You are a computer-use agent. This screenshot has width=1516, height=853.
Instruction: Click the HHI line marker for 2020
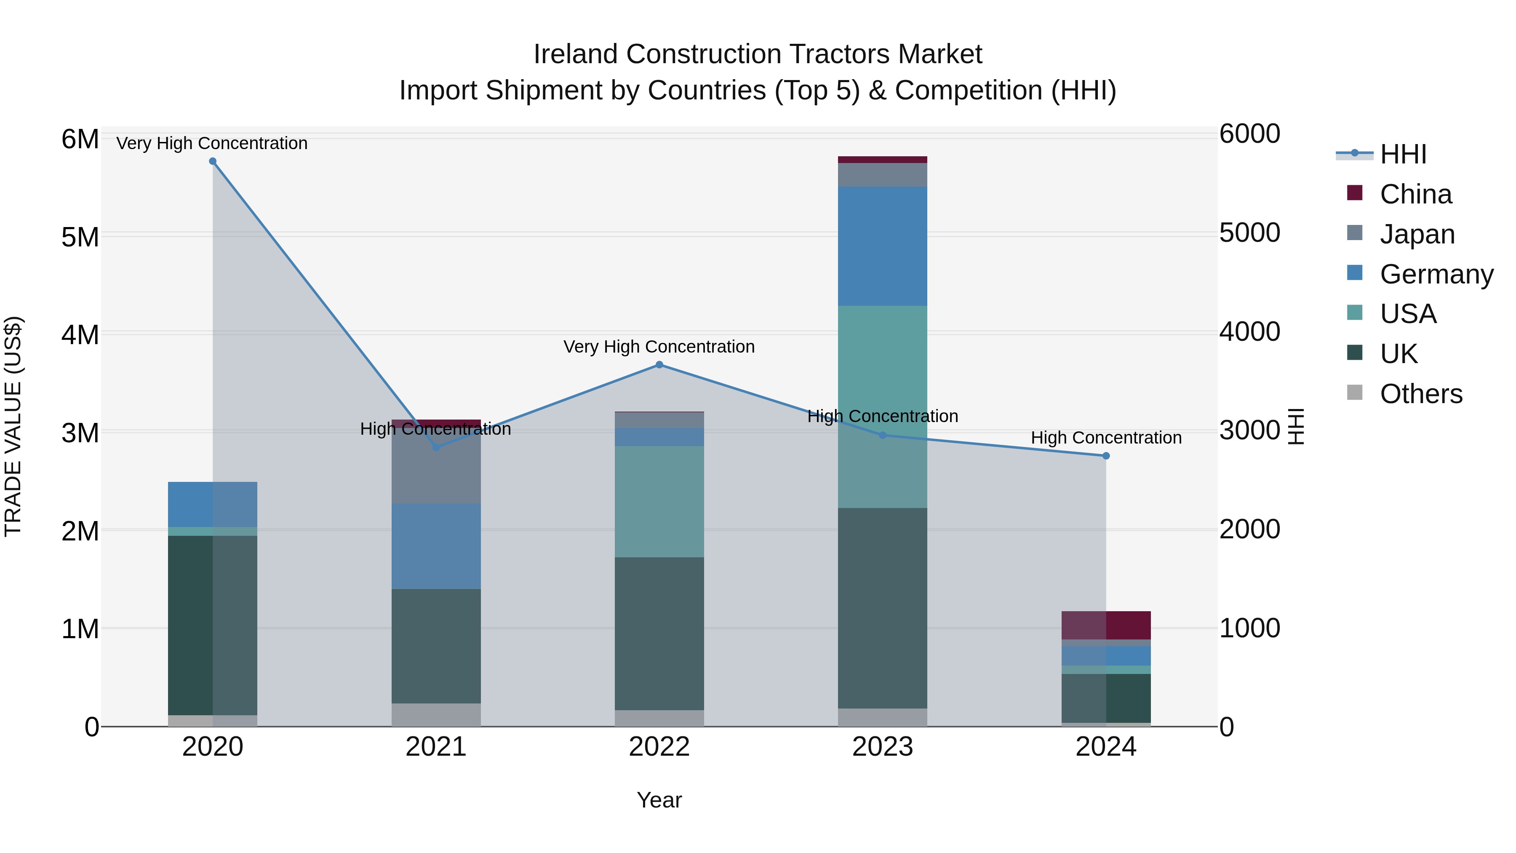click(213, 161)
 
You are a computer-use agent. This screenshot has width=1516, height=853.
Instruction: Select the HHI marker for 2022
click(659, 365)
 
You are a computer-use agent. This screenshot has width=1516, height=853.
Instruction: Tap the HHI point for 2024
click(1106, 456)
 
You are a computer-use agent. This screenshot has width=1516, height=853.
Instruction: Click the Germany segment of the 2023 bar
click(882, 246)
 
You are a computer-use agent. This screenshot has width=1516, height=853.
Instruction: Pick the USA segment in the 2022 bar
click(659, 502)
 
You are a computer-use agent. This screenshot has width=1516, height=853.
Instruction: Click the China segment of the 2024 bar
click(1106, 625)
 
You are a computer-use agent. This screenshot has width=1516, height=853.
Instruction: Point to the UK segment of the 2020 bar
click(213, 625)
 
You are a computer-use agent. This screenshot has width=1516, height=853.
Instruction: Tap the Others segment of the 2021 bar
click(436, 715)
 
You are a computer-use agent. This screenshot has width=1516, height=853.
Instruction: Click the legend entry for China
click(1415, 194)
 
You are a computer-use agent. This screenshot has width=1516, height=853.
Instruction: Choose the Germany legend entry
click(1436, 274)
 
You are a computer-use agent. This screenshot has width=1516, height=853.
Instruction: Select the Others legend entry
click(1421, 394)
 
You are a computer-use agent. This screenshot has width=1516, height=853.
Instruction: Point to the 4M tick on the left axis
click(80, 335)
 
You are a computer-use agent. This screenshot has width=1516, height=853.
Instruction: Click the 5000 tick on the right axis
click(1249, 233)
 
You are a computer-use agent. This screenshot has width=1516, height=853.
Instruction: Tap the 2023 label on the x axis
click(882, 747)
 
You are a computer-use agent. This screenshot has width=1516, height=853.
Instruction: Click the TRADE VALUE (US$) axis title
click(13, 426)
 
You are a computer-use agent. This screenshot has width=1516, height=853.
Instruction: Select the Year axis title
click(659, 800)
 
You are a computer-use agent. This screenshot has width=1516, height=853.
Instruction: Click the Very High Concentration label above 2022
click(659, 347)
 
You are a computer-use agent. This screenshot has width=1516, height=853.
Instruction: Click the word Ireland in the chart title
click(576, 54)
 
